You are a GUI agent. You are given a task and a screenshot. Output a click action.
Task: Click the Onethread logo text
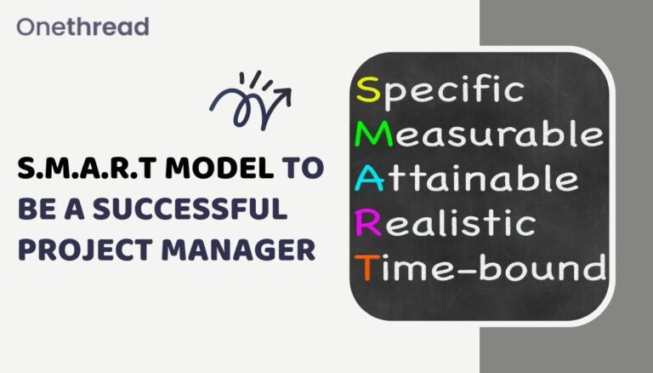(x=82, y=26)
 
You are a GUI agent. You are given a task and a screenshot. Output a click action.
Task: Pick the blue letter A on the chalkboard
(x=370, y=179)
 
